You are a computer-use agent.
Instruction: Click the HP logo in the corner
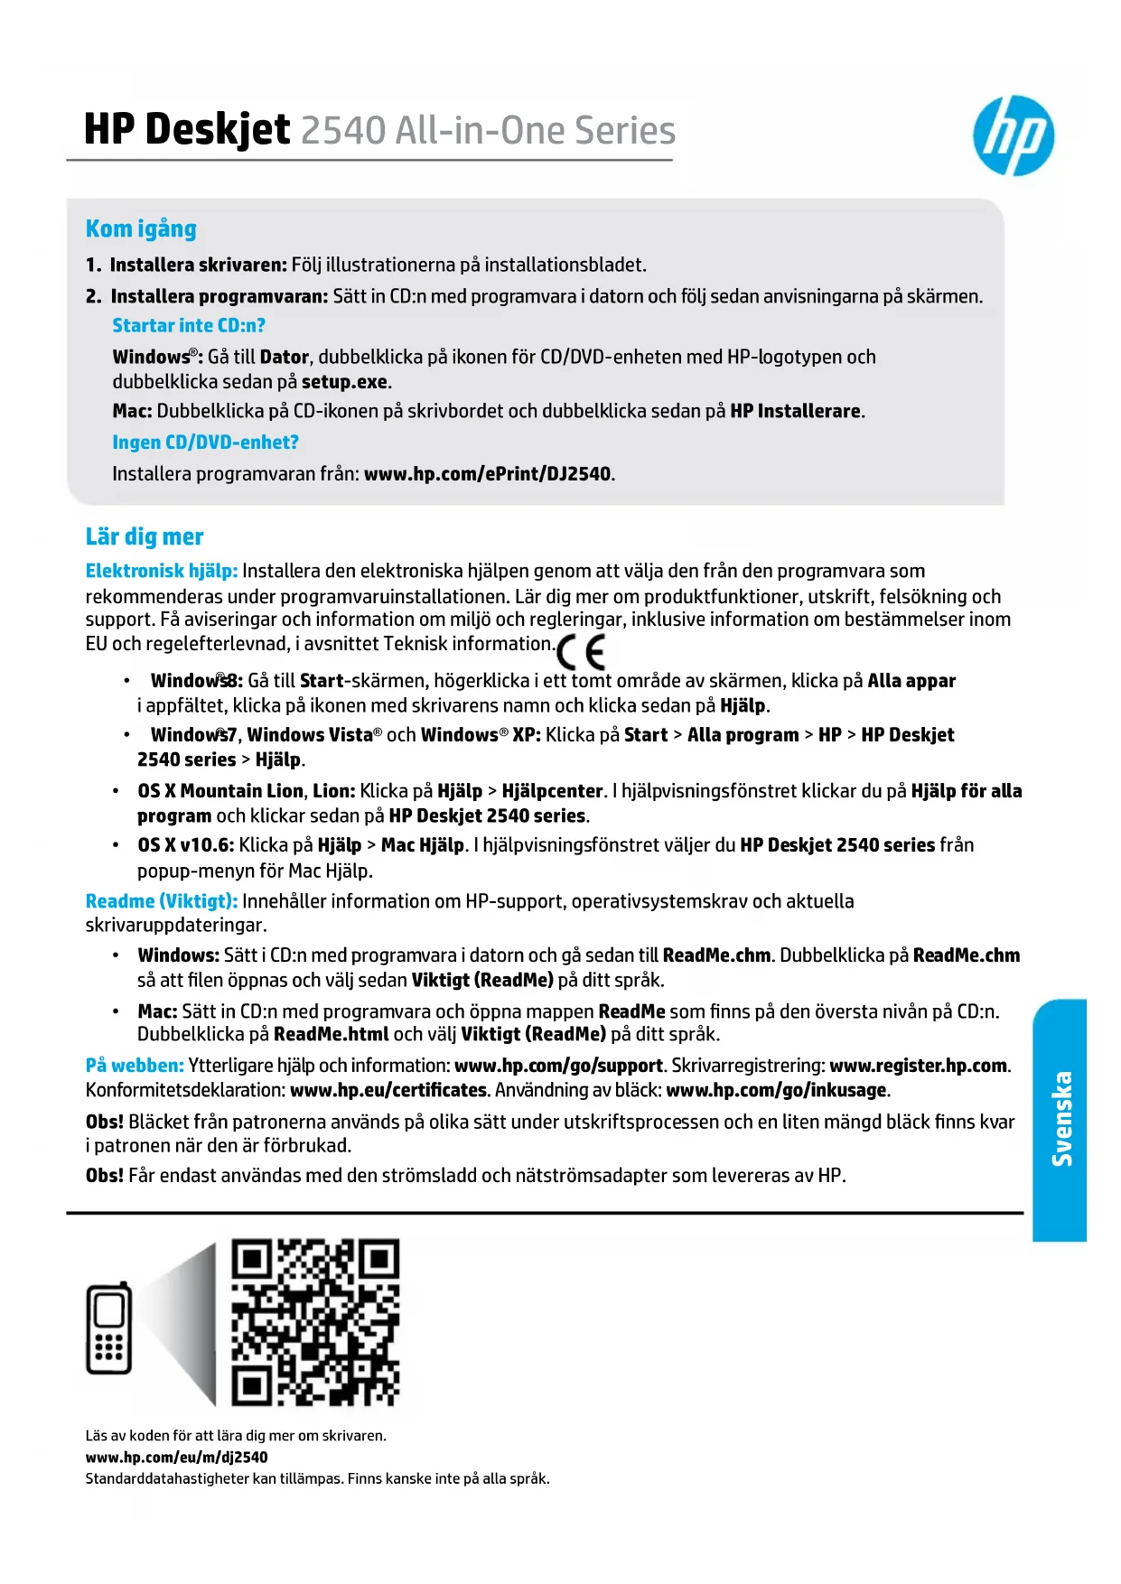[x=1013, y=136]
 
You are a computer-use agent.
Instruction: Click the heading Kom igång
[x=141, y=229]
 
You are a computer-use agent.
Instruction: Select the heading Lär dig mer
[x=145, y=537]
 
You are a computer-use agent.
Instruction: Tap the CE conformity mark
[x=581, y=651]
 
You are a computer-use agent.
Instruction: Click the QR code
[x=315, y=1323]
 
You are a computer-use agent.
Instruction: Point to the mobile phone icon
[x=109, y=1328]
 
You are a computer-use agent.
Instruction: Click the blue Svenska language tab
[x=1060, y=1120]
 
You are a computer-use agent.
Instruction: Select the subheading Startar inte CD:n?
[x=189, y=326]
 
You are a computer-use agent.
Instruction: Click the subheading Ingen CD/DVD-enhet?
[x=205, y=443]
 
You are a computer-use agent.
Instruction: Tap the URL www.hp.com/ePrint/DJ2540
[x=487, y=474]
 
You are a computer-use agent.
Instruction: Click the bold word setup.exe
[x=344, y=382]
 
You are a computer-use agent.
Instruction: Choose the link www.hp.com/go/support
[x=558, y=1066]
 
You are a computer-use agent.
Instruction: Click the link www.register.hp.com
[x=918, y=1066]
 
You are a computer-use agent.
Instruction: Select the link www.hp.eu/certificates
[x=388, y=1090]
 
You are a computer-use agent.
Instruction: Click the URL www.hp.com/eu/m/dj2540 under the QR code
[x=176, y=1457]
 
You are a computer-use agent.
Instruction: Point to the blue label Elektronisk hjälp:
[x=162, y=571]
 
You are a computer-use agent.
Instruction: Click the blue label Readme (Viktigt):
[x=162, y=901]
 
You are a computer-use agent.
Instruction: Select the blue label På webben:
[x=135, y=1066]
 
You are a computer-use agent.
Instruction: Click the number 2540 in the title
[x=342, y=131]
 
